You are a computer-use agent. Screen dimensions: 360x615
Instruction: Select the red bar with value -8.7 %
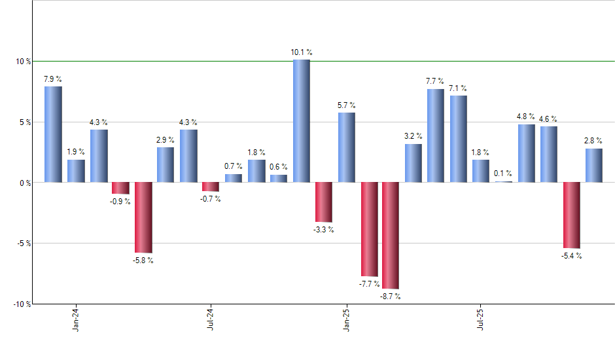391,235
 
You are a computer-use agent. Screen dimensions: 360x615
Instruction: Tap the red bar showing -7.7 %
369,229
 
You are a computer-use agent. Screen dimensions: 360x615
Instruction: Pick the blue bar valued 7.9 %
53,134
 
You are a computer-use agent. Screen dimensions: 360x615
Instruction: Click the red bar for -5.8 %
143,217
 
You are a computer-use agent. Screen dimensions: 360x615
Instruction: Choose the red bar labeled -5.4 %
571,215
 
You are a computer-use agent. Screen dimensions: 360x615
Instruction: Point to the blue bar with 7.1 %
458,139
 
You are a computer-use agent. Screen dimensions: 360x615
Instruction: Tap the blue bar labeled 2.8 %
593,165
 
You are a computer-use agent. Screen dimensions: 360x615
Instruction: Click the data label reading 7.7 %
436,81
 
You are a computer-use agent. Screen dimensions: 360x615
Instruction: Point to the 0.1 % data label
503,173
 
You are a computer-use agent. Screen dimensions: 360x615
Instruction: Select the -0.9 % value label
120,202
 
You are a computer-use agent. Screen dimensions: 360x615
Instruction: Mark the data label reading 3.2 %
413,136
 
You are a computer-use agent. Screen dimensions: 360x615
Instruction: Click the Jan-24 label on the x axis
76,319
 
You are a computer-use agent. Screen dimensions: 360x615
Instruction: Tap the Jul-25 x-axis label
481,319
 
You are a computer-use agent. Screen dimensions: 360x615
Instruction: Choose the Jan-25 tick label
346,319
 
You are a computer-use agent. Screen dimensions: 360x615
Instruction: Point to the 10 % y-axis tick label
22,62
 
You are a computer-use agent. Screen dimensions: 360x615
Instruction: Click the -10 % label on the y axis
20,304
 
